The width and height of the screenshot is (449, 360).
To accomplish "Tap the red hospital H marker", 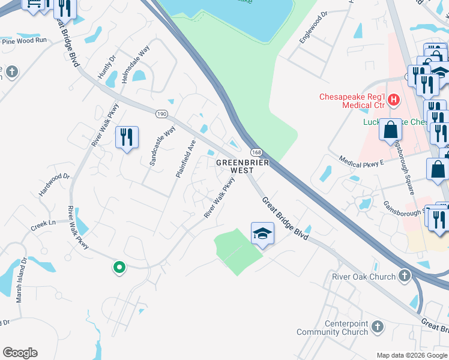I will tap(394, 100).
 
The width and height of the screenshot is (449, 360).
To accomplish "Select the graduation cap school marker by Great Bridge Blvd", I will tap(262, 233).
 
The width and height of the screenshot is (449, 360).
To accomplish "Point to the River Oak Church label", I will tap(364, 277).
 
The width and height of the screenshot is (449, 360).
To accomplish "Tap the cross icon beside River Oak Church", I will tap(405, 277).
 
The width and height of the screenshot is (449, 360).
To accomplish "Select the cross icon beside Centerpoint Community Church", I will tap(378, 328).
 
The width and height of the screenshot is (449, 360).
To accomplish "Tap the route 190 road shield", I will tap(163, 113).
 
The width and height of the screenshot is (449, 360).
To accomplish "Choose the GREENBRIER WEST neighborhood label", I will tap(243, 166).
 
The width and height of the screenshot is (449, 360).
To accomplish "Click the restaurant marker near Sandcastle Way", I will tap(127, 138).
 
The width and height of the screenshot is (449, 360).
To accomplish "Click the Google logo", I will tap(20, 353).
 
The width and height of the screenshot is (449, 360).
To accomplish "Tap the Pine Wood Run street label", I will tap(25, 41).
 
